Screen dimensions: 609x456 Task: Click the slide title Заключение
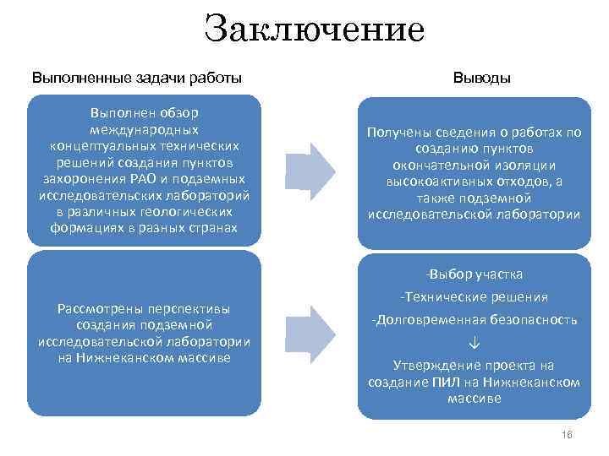314,29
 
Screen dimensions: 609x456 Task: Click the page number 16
567,434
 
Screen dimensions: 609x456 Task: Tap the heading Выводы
481,78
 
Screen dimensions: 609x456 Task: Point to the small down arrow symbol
474,343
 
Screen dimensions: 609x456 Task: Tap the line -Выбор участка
474,274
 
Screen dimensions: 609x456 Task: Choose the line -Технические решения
474,297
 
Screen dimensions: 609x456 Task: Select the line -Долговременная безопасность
474,320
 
